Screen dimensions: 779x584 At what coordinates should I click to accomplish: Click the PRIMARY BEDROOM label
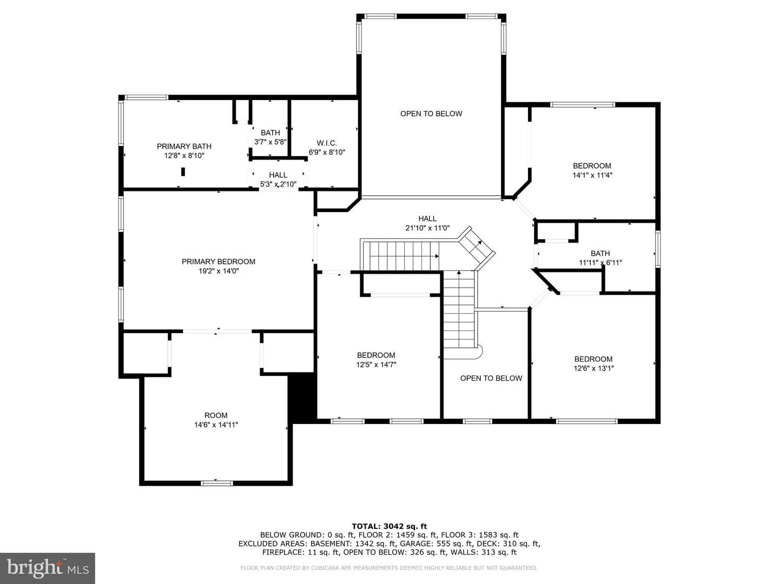coord(218,262)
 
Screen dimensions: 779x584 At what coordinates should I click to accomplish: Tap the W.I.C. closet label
coord(327,143)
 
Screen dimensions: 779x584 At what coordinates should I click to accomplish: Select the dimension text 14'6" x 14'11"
coord(216,425)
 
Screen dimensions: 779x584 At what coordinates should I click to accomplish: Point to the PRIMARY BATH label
coord(184,147)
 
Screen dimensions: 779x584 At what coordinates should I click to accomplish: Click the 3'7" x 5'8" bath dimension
coord(270,142)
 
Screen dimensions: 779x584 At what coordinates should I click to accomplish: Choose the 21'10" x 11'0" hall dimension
coord(427,228)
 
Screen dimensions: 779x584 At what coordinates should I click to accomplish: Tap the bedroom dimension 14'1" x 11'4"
coord(592,175)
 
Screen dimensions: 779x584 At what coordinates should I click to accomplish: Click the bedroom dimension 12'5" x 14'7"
coord(376,364)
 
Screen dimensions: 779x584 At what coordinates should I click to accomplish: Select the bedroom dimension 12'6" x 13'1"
coord(593,368)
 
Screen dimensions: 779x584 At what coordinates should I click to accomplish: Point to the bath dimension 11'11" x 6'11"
coord(600,263)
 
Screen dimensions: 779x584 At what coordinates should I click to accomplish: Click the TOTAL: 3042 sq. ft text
coord(389,527)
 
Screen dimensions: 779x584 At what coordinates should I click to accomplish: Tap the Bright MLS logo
coord(48,568)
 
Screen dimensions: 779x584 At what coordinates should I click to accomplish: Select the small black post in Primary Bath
coord(183,171)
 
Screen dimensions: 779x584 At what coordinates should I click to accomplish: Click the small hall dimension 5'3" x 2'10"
coord(278,184)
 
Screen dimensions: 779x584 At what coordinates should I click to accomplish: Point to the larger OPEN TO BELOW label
coord(431,114)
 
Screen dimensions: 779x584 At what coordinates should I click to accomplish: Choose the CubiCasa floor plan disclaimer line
coord(389,568)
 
